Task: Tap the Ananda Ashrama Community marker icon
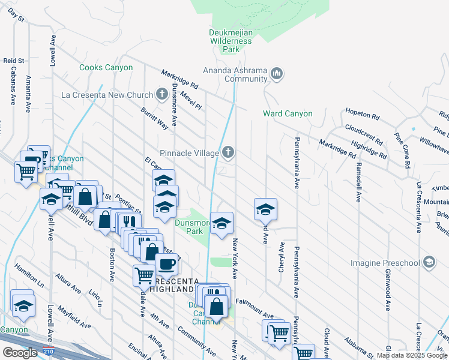coord(277,74)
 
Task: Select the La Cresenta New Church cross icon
coord(161,94)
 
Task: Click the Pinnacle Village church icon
coord(228,153)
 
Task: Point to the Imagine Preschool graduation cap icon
coord(429,262)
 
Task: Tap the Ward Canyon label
coord(288,113)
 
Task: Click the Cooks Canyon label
coord(106,68)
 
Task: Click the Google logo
coord(20,352)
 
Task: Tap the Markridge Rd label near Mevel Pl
coord(179,80)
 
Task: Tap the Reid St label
coord(13,61)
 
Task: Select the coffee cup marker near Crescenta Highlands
coord(166,263)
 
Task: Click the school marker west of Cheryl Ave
coord(265,209)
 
